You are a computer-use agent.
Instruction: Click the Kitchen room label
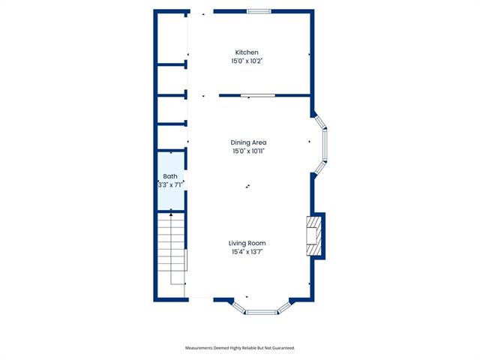tap(247, 52)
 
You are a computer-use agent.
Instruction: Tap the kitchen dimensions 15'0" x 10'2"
tap(247, 61)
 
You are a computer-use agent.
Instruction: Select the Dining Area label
tap(248, 142)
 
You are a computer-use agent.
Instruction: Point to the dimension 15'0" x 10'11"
tap(248, 151)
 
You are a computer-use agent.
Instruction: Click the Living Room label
tap(247, 243)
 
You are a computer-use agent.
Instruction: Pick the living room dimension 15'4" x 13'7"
tap(247, 252)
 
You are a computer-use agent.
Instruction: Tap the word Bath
tap(170, 176)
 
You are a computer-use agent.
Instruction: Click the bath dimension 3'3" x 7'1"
tap(170, 185)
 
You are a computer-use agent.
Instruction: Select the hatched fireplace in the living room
tap(313, 235)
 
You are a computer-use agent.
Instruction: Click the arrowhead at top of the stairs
tap(171, 215)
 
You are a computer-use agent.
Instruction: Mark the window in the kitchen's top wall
tap(259, 12)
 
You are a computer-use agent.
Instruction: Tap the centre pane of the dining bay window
tap(325, 145)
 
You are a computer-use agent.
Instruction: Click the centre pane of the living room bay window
tap(261, 312)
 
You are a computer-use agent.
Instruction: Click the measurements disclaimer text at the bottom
tap(240, 348)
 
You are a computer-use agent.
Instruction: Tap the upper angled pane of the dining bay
tap(320, 122)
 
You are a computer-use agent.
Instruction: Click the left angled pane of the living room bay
tap(239, 308)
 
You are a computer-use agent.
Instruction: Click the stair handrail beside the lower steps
tap(186, 259)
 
